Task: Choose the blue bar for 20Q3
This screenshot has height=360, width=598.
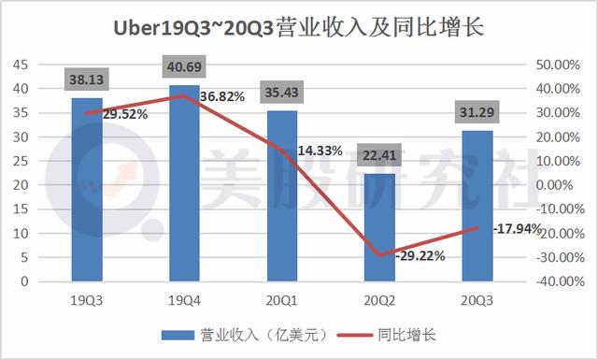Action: click(478, 206)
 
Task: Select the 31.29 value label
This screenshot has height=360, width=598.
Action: click(478, 112)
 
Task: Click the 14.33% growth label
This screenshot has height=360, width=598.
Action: click(321, 150)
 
